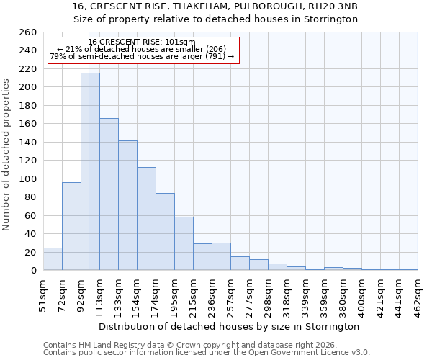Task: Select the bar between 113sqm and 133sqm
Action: pos(109,194)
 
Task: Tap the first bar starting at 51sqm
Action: pos(53,259)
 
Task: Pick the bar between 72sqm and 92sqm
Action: pos(71,226)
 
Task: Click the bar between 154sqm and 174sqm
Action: pos(146,219)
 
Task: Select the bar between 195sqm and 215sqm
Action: pos(184,243)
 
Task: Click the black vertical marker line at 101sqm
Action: pos(89,144)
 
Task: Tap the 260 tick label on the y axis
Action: pos(28,32)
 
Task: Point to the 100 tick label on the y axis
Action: pos(28,179)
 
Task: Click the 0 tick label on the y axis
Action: pos(33,270)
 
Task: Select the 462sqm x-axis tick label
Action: pos(418,294)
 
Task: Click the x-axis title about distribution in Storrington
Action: pos(229,326)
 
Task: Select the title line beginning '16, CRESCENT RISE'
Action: pos(215,6)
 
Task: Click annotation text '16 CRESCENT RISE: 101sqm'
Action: pos(142,42)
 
